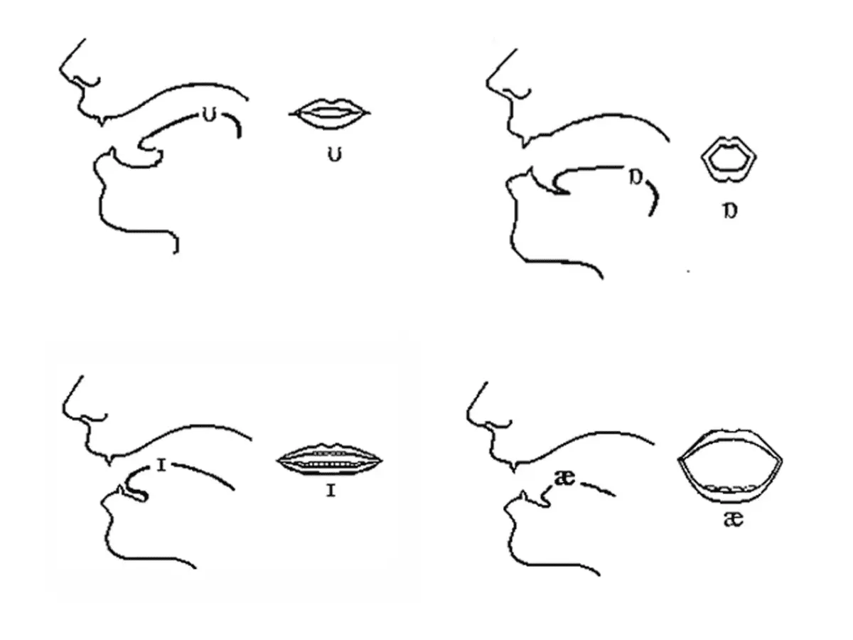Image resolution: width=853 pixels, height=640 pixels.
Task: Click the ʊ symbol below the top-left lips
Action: tap(335, 155)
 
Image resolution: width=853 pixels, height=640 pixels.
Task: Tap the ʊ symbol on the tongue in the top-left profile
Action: tap(210, 115)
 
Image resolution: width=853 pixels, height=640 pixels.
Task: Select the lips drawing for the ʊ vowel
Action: tap(330, 114)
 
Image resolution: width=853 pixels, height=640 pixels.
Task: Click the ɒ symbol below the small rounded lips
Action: tap(730, 211)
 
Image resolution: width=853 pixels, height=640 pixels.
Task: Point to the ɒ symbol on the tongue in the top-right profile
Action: tap(636, 178)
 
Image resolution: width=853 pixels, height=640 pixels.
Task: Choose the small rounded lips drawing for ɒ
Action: tap(729, 159)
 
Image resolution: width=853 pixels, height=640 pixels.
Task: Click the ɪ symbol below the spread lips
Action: tap(331, 491)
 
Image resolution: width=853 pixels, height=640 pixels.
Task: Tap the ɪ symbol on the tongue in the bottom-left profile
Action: tap(161, 466)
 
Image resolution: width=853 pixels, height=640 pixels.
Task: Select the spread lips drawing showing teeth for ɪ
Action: tap(330, 460)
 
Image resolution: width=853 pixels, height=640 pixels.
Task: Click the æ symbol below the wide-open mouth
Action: tap(734, 520)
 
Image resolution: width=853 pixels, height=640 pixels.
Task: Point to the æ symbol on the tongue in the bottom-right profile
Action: tap(564, 479)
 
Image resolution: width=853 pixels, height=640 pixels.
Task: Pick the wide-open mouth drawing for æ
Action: tap(730, 466)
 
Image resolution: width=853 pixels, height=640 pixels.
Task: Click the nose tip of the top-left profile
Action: tap(60, 70)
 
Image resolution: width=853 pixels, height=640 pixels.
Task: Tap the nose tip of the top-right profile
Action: tap(486, 82)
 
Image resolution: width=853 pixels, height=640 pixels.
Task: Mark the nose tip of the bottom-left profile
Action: tap(63, 408)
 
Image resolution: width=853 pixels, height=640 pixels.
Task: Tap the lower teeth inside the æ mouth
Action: tap(731, 488)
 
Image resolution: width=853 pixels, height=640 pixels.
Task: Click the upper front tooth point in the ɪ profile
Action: tap(109, 464)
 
